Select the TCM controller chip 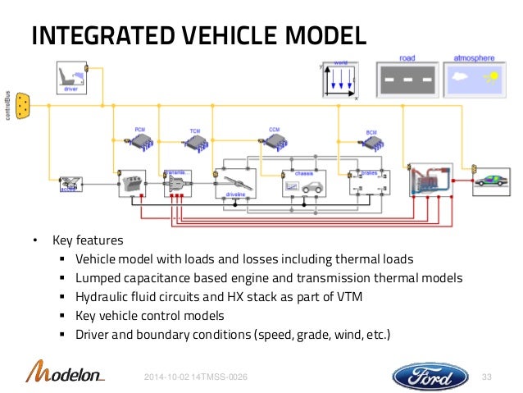pos(195,142)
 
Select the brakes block pos(367,183)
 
